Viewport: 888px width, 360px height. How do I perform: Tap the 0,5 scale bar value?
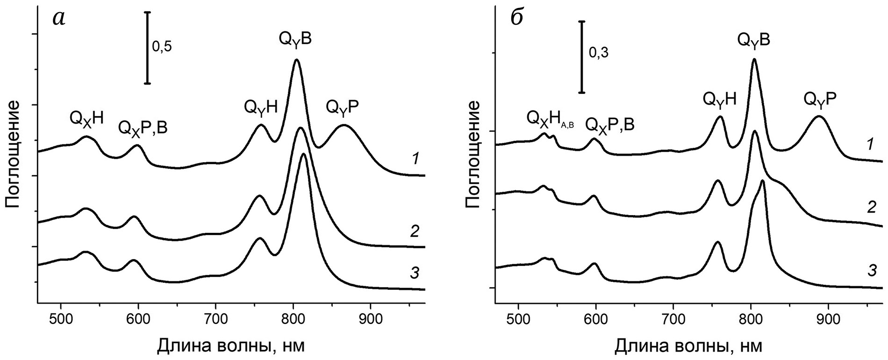coord(162,47)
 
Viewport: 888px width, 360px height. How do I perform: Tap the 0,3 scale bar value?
coord(598,54)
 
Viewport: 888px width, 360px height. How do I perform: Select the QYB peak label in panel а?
coord(295,39)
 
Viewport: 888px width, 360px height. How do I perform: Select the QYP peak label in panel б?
coord(820,99)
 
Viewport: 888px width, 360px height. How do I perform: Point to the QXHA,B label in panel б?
coord(550,118)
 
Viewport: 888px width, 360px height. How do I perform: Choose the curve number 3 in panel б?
coord(872,270)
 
